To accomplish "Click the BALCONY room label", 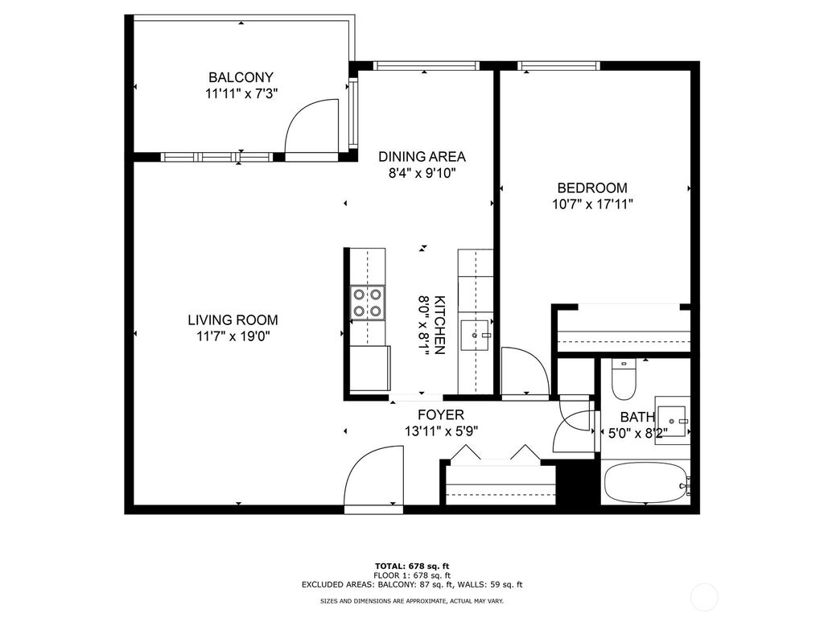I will click(241, 77).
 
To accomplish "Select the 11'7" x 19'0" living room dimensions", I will click(233, 336).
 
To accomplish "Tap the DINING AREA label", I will click(422, 157).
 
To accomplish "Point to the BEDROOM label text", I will click(591, 188).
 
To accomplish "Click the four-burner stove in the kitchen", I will click(367, 302).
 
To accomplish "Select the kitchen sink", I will click(476, 332).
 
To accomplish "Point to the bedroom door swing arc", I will click(524, 371).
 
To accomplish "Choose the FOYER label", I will click(441, 415).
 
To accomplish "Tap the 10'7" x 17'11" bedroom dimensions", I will click(591, 204).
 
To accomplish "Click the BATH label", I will click(637, 418).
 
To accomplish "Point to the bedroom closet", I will click(623, 331).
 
